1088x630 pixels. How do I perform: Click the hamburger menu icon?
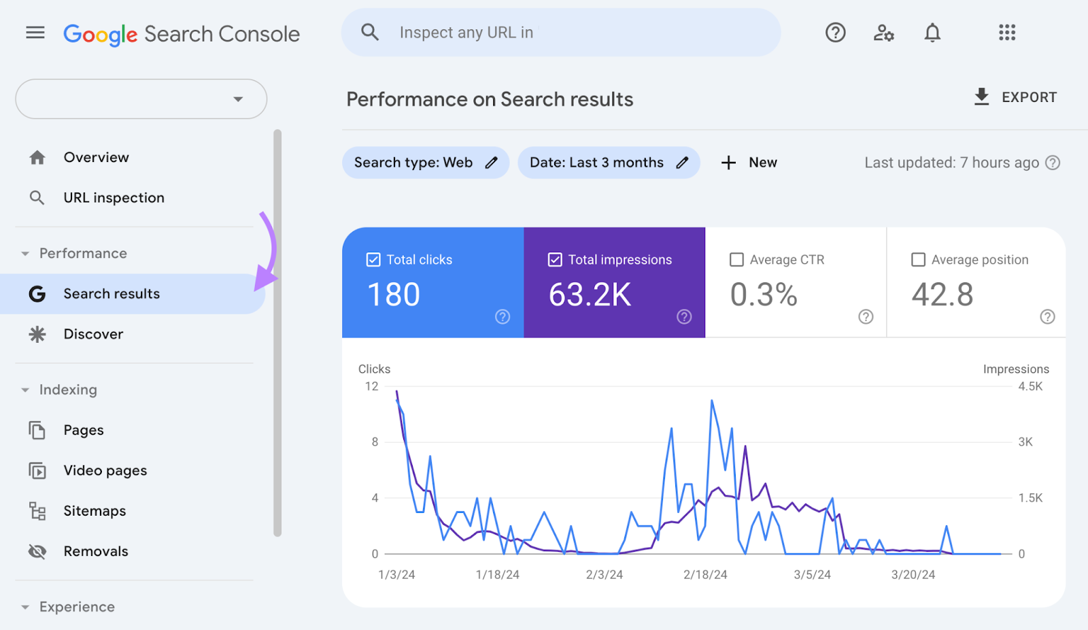click(x=35, y=33)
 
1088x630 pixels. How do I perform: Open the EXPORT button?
click(x=1015, y=97)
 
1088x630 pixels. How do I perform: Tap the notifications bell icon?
click(x=932, y=33)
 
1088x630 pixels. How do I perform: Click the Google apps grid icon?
click(x=1007, y=33)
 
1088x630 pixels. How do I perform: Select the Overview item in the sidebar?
click(x=96, y=157)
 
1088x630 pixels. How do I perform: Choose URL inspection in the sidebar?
click(x=114, y=198)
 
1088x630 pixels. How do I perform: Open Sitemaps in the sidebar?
click(x=95, y=511)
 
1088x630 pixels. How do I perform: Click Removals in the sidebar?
click(x=95, y=551)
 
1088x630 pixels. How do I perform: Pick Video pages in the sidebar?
click(x=105, y=471)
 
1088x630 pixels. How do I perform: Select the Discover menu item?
click(x=93, y=334)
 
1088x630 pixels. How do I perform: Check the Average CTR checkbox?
click(x=736, y=260)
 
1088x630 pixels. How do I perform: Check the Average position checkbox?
click(x=918, y=260)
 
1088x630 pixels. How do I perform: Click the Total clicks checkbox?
click(x=373, y=260)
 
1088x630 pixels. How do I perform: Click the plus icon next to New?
click(x=728, y=163)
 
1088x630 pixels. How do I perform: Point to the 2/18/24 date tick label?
click(x=705, y=575)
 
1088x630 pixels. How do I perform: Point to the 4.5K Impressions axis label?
click(x=1030, y=386)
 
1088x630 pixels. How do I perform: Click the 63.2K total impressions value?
click(x=590, y=295)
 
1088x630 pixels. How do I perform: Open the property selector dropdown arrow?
click(x=238, y=99)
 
